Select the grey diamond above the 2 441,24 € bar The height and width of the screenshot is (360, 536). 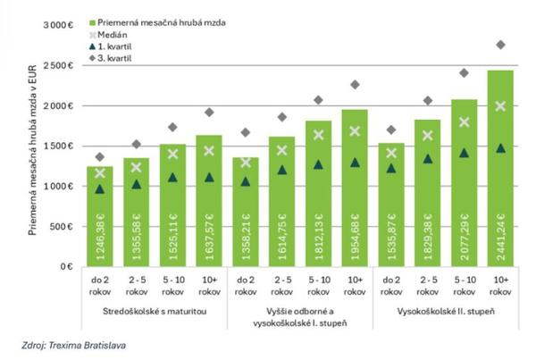click(501, 44)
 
